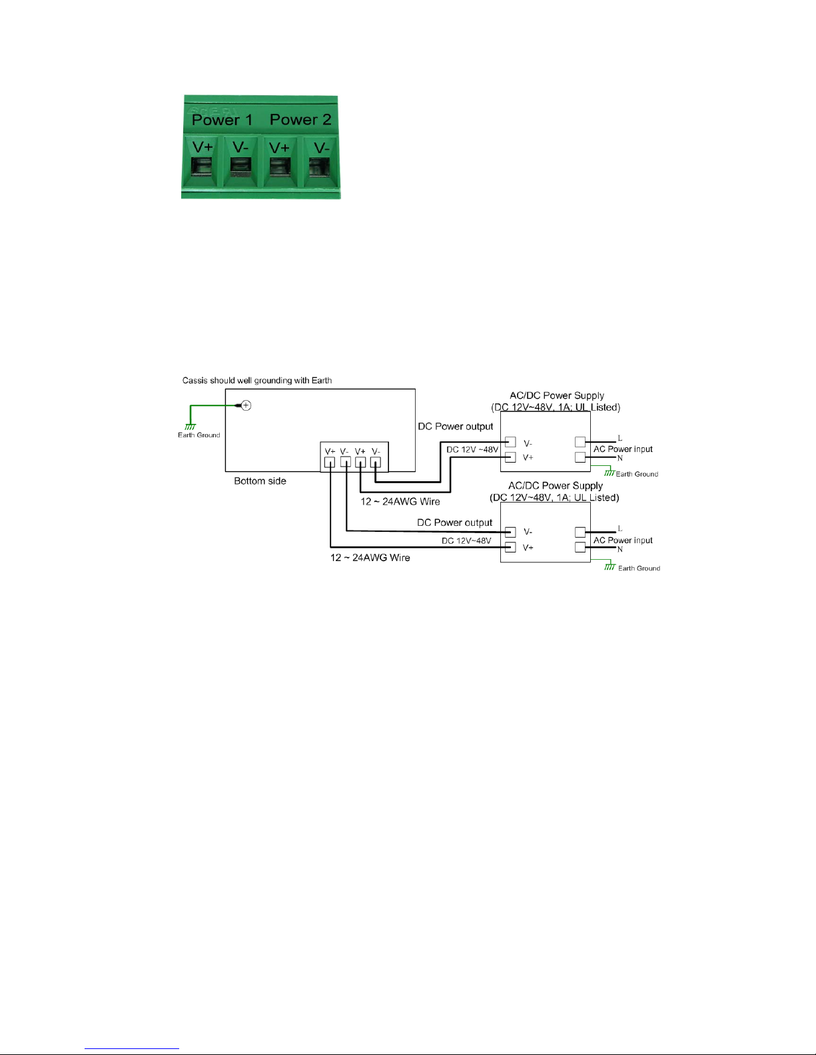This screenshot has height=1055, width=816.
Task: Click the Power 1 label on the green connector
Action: click(222, 120)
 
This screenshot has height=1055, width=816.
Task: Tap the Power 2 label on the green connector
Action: click(300, 119)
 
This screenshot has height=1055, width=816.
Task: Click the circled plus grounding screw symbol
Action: click(246, 405)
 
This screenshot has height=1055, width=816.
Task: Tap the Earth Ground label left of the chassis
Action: click(199, 435)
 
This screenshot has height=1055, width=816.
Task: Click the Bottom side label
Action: click(260, 481)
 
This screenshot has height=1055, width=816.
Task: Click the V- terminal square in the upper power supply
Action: click(510, 442)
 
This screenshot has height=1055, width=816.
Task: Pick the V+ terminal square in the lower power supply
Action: click(510, 547)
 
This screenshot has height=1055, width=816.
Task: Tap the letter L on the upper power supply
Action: click(619, 438)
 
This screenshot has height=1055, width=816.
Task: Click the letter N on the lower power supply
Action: click(619, 549)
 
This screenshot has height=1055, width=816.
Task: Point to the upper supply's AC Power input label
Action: click(623, 449)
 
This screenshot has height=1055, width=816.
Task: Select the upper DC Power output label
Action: click(455, 426)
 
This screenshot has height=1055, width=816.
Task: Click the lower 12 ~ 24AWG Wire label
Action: click(370, 557)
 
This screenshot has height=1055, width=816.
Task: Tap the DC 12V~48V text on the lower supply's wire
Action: click(466, 540)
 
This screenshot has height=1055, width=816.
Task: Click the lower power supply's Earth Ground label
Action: click(639, 568)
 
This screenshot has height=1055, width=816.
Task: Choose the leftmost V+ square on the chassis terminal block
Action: click(329, 463)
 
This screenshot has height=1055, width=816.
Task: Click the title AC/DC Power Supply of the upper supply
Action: click(557, 395)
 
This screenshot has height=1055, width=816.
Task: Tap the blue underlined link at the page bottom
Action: click(132, 1047)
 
